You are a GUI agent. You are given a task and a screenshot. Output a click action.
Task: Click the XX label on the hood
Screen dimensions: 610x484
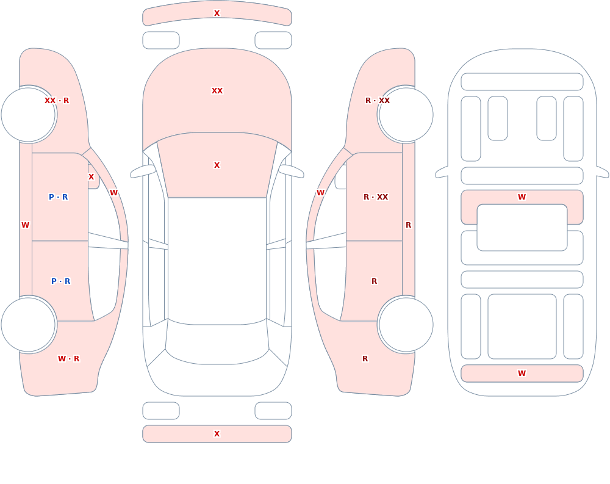[x=217, y=91]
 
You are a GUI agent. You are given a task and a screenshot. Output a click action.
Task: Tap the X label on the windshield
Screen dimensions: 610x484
[x=217, y=165]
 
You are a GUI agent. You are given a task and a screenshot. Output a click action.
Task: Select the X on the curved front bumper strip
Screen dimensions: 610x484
[x=217, y=13]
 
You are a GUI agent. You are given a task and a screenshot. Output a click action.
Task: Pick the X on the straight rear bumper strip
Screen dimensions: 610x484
[x=217, y=434]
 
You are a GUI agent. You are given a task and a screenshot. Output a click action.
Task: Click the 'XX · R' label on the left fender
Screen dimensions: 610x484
[x=57, y=101]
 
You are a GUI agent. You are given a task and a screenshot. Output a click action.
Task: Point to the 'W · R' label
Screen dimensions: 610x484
[x=68, y=359]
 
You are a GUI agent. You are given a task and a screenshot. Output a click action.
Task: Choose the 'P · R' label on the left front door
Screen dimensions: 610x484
[x=59, y=197]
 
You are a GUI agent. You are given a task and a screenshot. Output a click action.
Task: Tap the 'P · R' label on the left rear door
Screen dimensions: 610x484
[x=60, y=281]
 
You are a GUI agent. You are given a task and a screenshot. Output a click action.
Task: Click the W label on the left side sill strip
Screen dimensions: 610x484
[x=25, y=225]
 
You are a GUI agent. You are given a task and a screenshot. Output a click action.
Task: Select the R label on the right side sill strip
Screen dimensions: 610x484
[x=409, y=225]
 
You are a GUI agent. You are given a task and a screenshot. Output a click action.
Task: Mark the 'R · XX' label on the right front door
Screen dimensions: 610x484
[x=376, y=197]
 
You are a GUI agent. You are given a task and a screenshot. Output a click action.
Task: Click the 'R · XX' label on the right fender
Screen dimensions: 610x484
[x=378, y=101]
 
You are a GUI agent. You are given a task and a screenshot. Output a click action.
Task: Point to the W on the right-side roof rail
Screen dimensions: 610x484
[x=321, y=193]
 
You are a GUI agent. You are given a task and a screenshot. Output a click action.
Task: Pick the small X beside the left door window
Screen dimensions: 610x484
[x=91, y=177]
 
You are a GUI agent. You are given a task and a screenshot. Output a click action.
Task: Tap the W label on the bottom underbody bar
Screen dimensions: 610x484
[x=522, y=374]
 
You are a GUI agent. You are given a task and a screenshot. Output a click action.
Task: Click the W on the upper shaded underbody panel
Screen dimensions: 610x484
[x=522, y=197]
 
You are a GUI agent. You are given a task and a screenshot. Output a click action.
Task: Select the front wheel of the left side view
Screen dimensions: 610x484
[x=29, y=115]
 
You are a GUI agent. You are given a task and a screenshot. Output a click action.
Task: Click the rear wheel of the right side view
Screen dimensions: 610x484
[x=406, y=324]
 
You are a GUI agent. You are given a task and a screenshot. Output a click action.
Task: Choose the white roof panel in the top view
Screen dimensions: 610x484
[x=217, y=260]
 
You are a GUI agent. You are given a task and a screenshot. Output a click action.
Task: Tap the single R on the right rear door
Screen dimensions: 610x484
[x=375, y=281]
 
